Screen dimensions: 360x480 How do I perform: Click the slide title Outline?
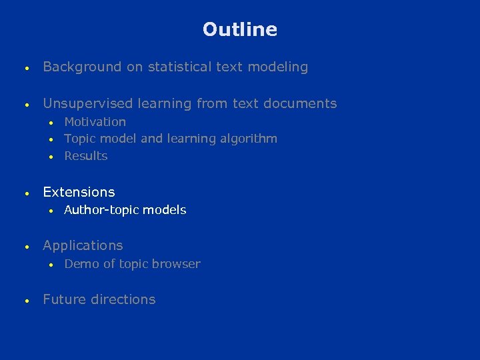coord(240,29)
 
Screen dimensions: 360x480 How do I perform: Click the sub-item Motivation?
coord(95,121)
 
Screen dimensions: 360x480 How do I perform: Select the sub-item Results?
coord(85,156)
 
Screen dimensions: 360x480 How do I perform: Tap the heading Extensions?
coord(79,192)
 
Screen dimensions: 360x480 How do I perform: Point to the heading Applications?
coord(83,246)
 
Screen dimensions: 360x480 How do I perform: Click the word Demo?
coord(81,264)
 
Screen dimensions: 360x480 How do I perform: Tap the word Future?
coord(65,299)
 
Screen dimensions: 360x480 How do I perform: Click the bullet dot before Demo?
coord(50,265)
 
